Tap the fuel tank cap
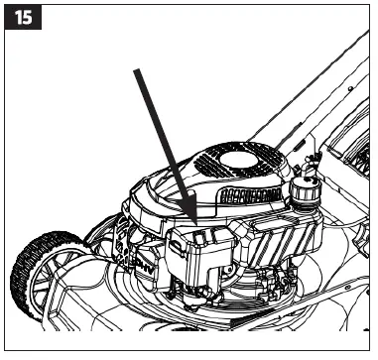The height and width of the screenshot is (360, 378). (305, 188)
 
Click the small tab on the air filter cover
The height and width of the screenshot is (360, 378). (202, 236)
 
